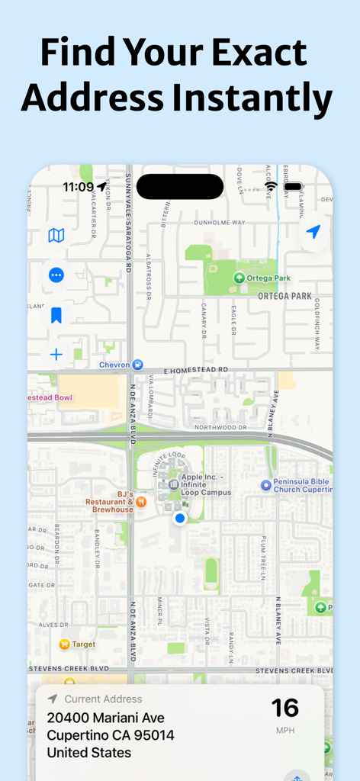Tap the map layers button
56,236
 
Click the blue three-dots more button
56,275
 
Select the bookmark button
56,315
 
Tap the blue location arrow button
313,233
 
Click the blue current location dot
180,519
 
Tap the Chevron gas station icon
137,365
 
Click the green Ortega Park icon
239,278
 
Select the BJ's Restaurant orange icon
141,501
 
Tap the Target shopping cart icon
65,644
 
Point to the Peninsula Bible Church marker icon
266,484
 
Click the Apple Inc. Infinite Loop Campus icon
173,484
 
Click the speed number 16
285,708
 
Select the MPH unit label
285,731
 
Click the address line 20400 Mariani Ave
105,718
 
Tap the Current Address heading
103,699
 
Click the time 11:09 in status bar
78,187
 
